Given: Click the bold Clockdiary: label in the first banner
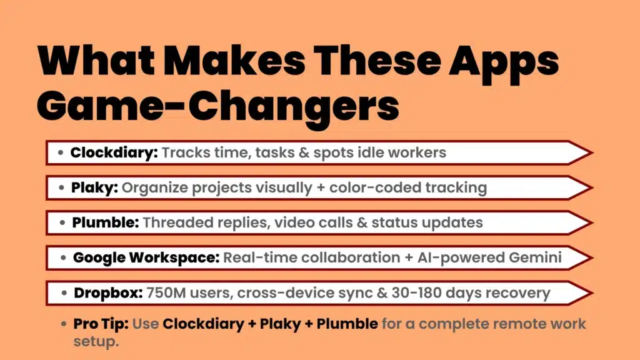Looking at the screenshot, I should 114,152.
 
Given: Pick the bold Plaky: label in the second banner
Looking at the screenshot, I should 95,187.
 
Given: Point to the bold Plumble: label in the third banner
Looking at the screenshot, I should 104,222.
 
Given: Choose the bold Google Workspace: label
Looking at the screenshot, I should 146,257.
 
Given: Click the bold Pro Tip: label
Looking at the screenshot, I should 101,324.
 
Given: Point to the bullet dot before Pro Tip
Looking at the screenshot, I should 64,324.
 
